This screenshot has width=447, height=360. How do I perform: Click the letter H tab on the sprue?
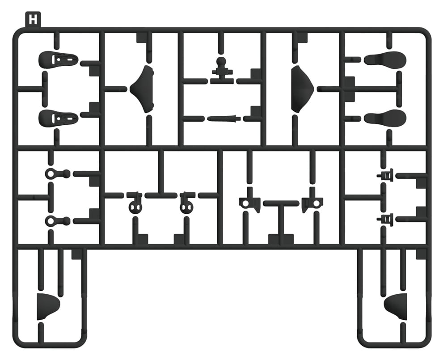coord(33,20)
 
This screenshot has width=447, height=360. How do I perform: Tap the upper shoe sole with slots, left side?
coord(59,59)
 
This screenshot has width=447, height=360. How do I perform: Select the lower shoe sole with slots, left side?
coord(59,118)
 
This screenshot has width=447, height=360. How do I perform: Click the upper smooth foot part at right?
coord(385,59)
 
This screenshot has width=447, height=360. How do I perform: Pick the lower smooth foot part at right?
coord(385,117)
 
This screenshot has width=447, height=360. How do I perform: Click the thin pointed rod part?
coord(224,118)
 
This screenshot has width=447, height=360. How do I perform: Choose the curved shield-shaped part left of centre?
coord(142,89)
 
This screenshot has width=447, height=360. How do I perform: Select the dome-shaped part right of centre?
coord(302,89)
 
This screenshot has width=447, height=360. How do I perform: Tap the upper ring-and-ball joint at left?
coord(57,174)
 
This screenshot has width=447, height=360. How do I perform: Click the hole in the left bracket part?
coord(245,203)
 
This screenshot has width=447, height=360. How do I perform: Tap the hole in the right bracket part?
coord(316,203)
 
